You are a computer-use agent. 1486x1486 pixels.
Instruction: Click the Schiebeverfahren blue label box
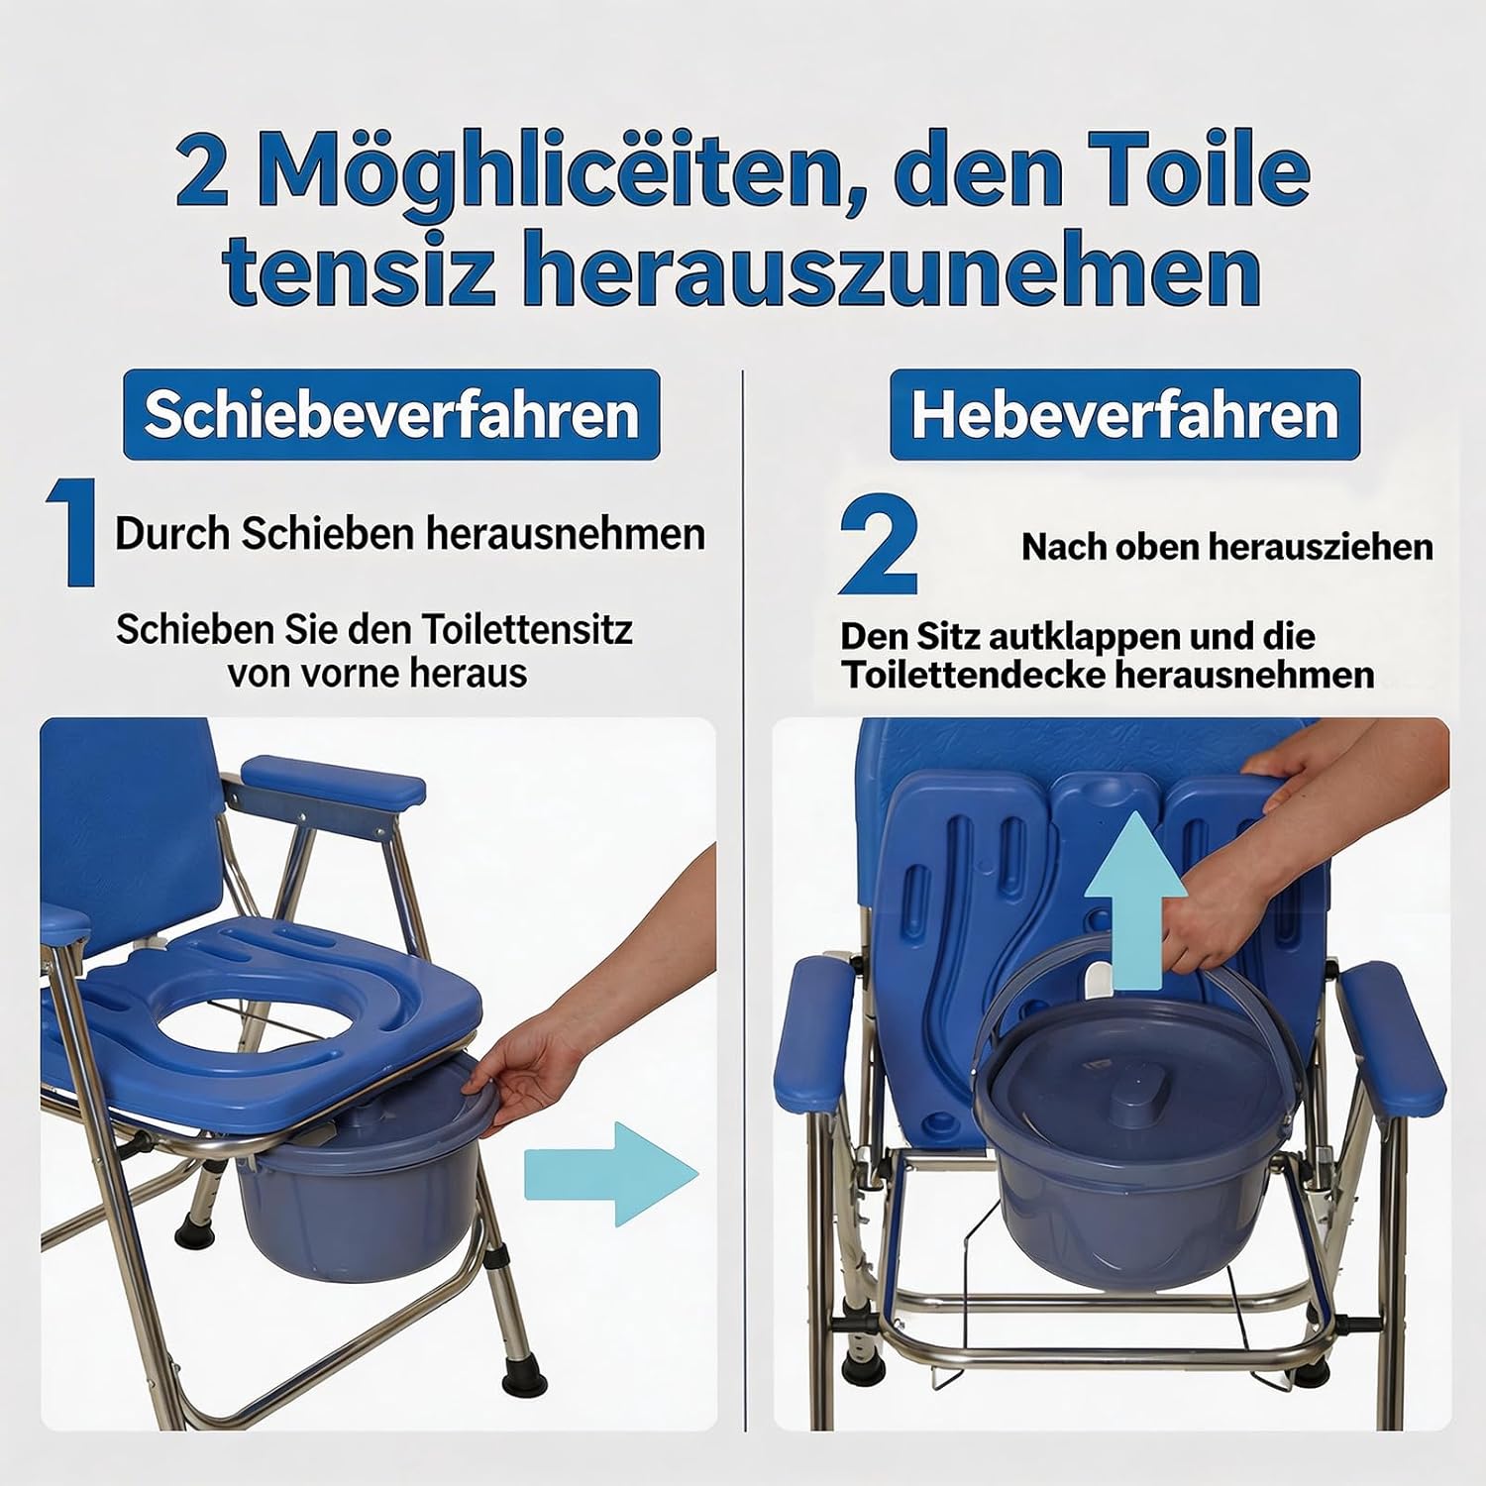point(391,414)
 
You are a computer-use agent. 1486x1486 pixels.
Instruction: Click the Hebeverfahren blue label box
point(1124,414)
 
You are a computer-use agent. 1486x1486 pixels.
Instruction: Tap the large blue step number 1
point(71,532)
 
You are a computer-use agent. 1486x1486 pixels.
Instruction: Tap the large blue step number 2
point(878,546)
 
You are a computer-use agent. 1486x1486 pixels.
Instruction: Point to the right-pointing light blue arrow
point(611,1174)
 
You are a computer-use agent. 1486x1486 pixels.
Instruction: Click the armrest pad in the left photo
point(333,780)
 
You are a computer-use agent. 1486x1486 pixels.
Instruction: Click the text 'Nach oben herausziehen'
point(1227,547)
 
